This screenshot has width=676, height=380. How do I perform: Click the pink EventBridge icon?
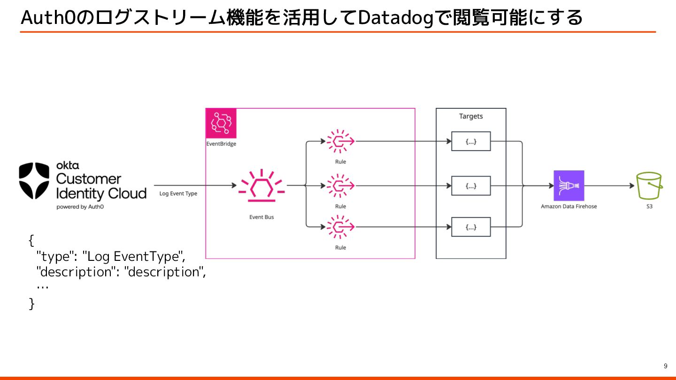coord(221,123)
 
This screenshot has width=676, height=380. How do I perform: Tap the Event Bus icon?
coord(261,186)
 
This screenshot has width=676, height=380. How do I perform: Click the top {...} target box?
coord(471,141)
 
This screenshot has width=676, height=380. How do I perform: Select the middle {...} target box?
coord(471,186)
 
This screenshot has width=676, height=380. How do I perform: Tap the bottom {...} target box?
coord(471,227)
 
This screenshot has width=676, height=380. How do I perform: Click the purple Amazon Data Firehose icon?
coord(569,186)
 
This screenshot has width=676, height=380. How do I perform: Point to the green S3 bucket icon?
coord(649,186)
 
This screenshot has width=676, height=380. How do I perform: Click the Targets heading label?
coord(471,116)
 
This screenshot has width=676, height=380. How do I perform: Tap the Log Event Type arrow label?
coord(178,193)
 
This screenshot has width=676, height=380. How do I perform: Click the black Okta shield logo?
coord(34,181)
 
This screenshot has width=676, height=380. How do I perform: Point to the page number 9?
coord(665,366)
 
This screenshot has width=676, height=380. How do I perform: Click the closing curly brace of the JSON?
coord(32,304)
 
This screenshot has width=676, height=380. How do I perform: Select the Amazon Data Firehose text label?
coord(569,206)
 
